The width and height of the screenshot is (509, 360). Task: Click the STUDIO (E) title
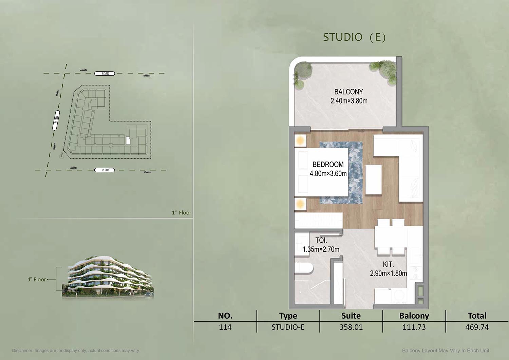[354, 37]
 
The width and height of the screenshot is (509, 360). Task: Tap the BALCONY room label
[348, 92]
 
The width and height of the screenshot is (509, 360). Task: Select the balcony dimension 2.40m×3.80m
[349, 101]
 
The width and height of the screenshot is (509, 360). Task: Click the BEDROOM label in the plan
[328, 164]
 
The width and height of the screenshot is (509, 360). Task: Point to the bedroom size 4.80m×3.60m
[328, 174]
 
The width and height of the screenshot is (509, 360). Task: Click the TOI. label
[321, 240]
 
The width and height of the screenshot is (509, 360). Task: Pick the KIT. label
[388, 264]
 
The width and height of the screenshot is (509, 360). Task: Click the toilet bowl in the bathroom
[304, 268]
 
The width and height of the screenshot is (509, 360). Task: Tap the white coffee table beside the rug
[373, 179]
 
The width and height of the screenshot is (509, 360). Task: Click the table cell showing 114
[225, 327]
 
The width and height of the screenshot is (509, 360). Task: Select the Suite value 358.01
[351, 327]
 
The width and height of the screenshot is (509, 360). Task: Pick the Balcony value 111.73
[414, 327]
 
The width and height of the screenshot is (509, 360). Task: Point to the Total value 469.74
[477, 327]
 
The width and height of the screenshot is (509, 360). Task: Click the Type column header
[288, 316]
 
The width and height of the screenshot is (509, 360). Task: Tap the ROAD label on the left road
[56, 120]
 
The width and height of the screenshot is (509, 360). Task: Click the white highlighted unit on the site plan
[128, 140]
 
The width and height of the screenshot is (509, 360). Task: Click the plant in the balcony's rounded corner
[303, 73]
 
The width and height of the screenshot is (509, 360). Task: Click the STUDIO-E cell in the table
[288, 327]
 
